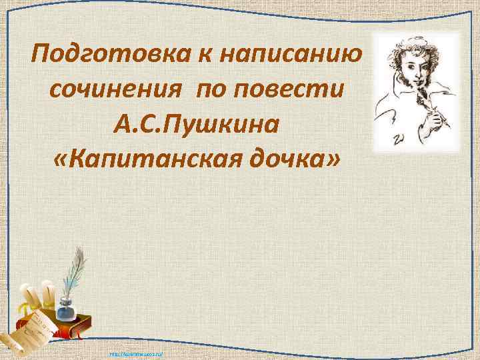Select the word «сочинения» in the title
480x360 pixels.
pyautogui.click(x=113, y=89)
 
